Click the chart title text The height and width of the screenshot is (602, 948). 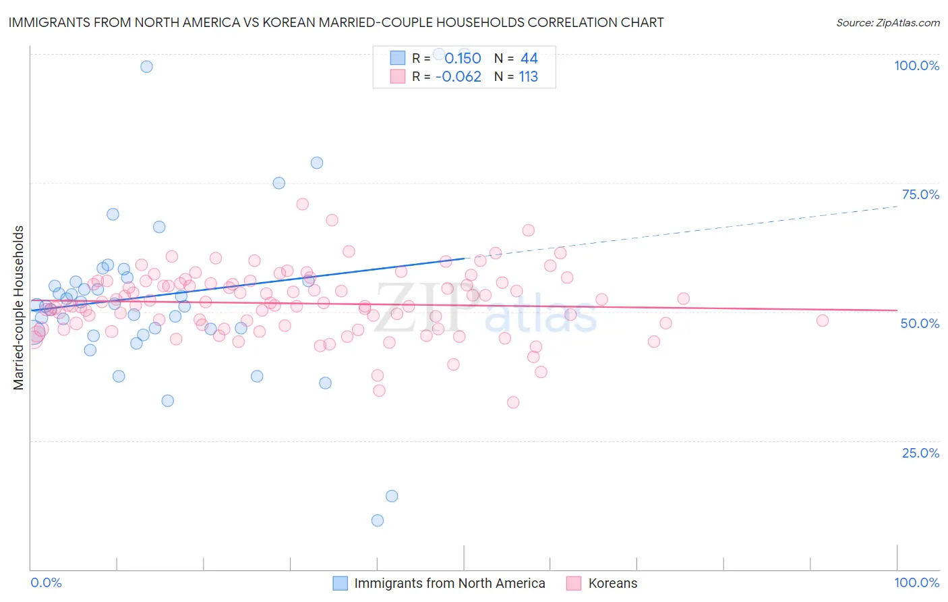[x=336, y=22]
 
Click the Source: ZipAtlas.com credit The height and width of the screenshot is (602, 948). [x=887, y=22]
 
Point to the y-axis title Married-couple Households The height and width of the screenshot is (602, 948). [x=19, y=308]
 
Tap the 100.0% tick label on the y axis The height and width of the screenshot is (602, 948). [x=916, y=65]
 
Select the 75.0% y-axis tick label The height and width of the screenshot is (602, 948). [x=920, y=194]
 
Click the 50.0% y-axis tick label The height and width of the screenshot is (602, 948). [x=920, y=323]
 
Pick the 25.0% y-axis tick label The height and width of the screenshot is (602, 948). [x=920, y=452]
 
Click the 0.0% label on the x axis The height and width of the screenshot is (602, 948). [x=46, y=582]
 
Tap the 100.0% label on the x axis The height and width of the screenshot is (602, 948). [x=916, y=582]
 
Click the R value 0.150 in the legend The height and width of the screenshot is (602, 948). [x=463, y=58]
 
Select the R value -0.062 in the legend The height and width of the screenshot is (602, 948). [x=458, y=77]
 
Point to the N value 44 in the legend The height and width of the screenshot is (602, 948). [x=529, y=58]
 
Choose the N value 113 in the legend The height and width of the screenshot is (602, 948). [x=529, y=77]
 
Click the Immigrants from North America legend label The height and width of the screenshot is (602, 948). [x=450, y=583]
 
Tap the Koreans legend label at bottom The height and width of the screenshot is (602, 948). [x=612, y=583]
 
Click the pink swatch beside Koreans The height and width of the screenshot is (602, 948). [x=574, y=583]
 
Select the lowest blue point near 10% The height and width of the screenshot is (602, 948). [x=378, y=520]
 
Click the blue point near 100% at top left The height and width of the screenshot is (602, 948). [x=146, y=66]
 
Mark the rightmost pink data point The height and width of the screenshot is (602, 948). [x=822, y=321]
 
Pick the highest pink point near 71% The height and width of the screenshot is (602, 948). [x=303, y=204]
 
